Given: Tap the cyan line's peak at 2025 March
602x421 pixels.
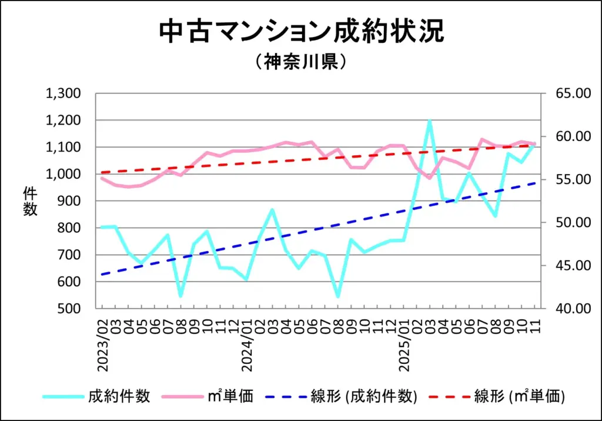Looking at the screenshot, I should (x=430, y=121).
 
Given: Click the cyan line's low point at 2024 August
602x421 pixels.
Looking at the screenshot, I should (x=338, y=296).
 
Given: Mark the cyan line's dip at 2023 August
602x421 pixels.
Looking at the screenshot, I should (x=180, y=296).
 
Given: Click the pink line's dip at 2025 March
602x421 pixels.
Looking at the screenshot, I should (x=430, y=178).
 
